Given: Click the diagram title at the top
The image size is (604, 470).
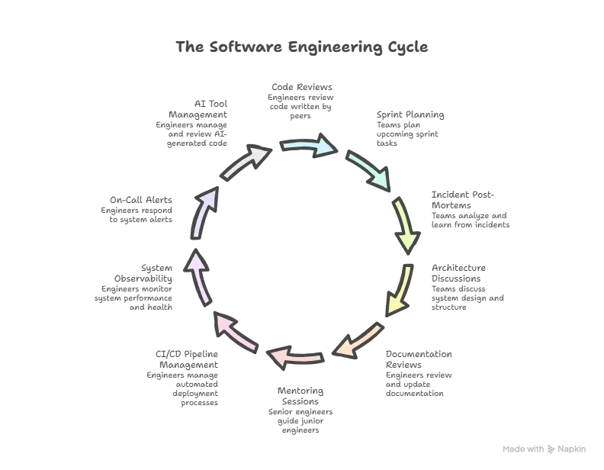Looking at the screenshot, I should pos(303,47).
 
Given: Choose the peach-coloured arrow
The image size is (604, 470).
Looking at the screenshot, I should pos(358,341).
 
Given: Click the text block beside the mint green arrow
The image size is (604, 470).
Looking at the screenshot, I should pos(409,127).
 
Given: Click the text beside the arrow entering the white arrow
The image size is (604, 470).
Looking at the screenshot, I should pos(138,211).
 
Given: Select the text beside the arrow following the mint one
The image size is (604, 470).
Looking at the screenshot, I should pos(467,211).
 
